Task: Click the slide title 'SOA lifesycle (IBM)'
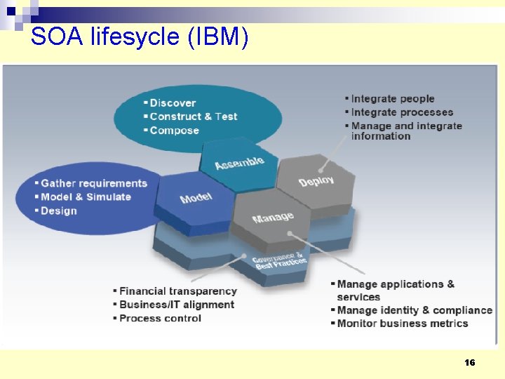tap(140, 36)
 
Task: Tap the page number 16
tap(469, 362)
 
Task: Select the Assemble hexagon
tap(239, 163)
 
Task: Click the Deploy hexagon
tap(316, 180)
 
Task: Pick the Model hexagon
tap(195, 198)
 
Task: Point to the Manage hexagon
tap(272, 218)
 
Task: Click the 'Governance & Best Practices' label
tap(279, 260)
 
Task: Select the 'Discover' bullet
tap(173, 103)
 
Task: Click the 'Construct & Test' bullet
tap(193, 117)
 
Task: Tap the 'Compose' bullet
tap(174, 130)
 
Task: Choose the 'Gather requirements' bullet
tap(93, 183)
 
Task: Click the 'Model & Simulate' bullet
tap(86, 197)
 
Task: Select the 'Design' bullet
tap(59, 211)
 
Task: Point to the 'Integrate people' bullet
tap(392, 99)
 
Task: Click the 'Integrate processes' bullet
tap(401, 112)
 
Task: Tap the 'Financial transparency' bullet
tap(177, 291)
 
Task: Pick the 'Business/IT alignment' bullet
tap(176, 305)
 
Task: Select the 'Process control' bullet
tap(160, 318)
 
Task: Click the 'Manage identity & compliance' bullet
tap(414, 310)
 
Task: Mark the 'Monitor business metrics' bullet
tap(402, 324)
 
